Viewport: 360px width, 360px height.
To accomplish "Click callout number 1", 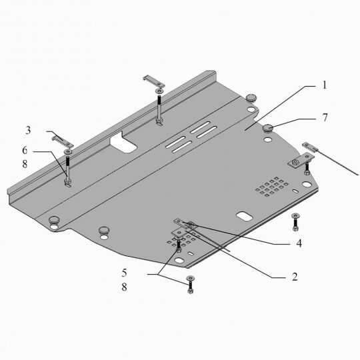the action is pyautogui.click(x=324, y=85).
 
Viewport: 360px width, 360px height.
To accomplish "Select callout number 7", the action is pyautogui.click(x=325, y=117).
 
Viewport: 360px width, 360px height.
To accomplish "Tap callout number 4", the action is pyautogui.click(x=299, y=243).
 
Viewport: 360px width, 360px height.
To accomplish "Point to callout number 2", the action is pyautogui.click(x=295, y=277).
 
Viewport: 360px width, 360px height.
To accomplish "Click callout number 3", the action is pyautogui.click(x=28, y=130).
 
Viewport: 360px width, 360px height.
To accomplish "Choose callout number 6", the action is pyautogui.click(x=25, y=151).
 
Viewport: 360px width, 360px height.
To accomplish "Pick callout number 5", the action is pyautogui.click(x=124, y=273).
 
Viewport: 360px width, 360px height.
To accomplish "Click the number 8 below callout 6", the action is pyautogui.click(x=25, y=164).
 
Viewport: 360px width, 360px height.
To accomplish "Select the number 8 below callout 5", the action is pyautogui.click(x=124, y=287).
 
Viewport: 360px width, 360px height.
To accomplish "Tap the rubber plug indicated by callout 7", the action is pyautogui.click(x=267, y=128).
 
